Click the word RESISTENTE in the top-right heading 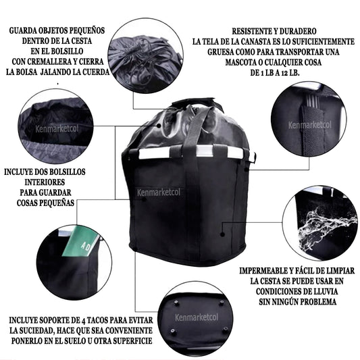coord(251,31)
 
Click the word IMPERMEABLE coord(262,271)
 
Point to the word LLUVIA coord(325,291)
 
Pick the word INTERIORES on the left coord(45,182)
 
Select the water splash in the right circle coord(326,228)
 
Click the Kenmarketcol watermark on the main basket coord(159,192)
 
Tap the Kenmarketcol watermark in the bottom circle coord(197,317)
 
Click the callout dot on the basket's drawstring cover coord(159,126)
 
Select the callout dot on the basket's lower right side coord(222,234)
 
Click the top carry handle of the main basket coord(197,103)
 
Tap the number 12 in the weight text coord(284,73)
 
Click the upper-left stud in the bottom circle coord(176,303)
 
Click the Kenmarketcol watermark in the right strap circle coord(310,125)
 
